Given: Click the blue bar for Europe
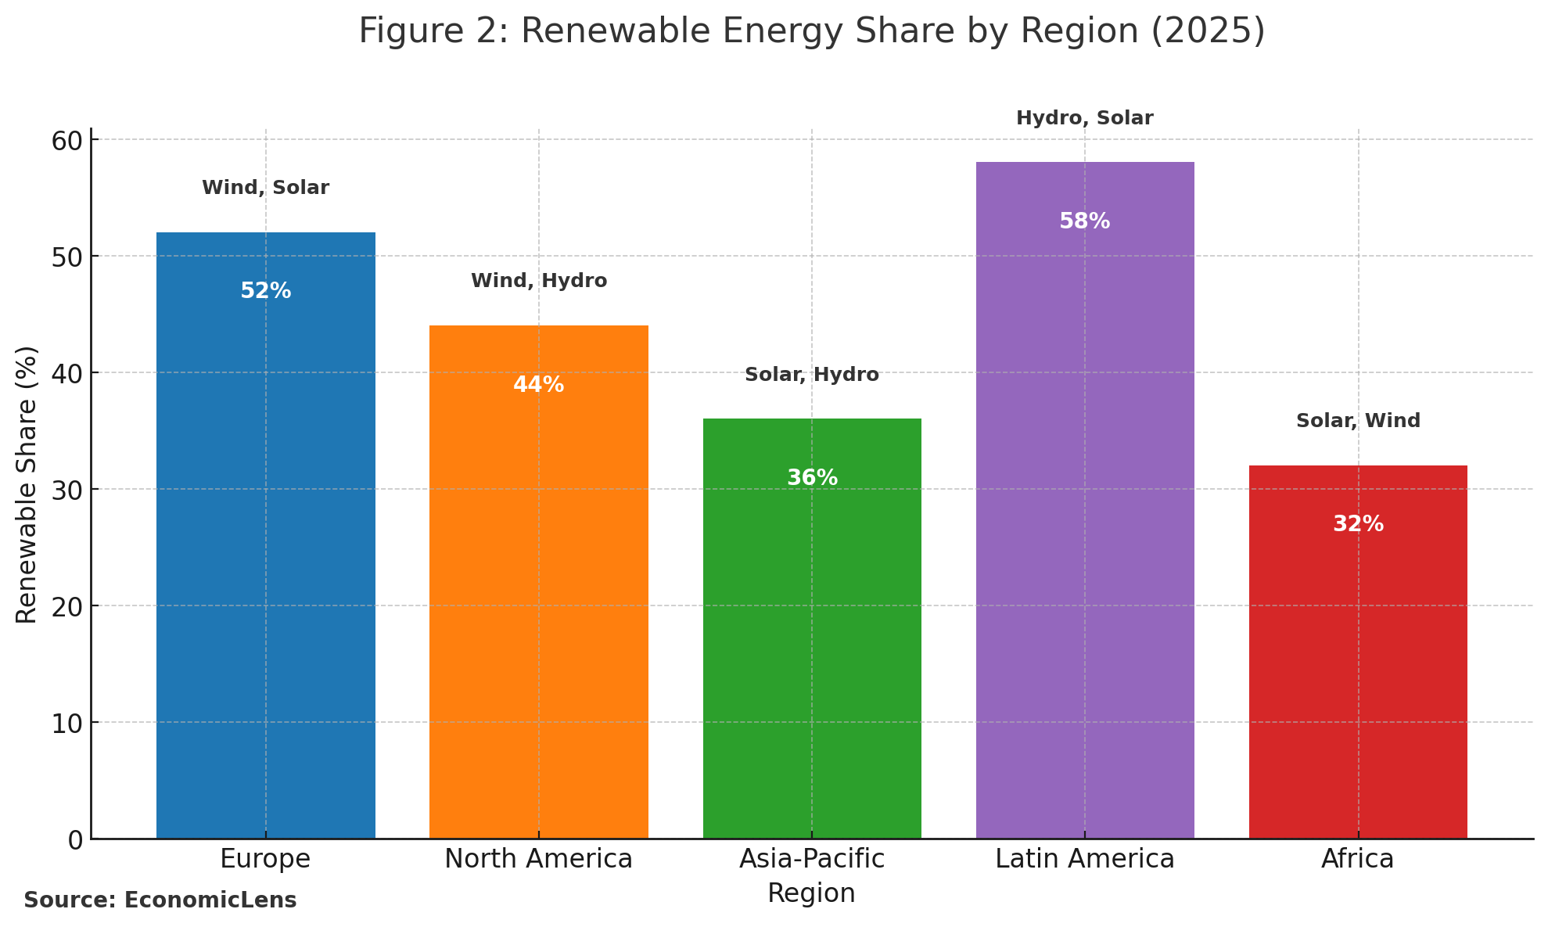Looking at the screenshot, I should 265,548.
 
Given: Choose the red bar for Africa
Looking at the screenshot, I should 1358,665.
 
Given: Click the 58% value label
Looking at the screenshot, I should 1084,221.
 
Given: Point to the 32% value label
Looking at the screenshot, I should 1358,524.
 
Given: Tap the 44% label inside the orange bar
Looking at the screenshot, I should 538,385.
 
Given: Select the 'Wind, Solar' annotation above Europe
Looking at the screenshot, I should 265,188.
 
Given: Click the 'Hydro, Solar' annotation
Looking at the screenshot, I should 1084,118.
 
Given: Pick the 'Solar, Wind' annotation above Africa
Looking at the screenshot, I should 1358,421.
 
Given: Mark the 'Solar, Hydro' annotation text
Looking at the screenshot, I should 812,375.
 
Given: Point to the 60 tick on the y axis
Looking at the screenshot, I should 67,141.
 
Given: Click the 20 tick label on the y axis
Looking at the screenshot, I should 67,607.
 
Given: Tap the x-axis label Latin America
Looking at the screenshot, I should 1084,859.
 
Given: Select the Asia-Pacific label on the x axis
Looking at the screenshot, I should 812,859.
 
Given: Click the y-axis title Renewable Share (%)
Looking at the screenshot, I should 27,485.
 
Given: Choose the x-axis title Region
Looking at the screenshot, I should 812,893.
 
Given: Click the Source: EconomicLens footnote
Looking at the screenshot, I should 160,900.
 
